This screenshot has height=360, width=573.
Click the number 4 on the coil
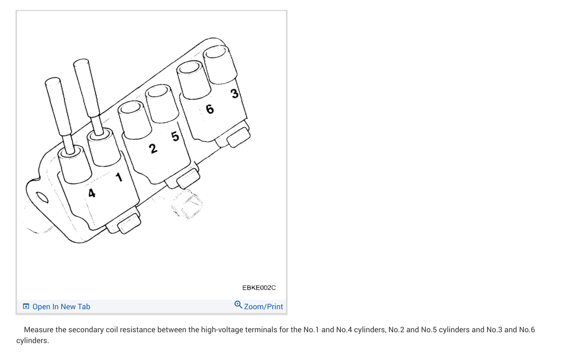coord(92,193)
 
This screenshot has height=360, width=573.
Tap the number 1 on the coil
coord(119,177)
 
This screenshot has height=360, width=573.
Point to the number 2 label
coord(153,148)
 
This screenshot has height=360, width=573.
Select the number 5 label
coord(175,136)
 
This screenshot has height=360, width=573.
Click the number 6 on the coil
coord(210,109)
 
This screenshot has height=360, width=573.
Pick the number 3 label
coord(234,94)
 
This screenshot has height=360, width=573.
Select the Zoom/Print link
coord(263,307)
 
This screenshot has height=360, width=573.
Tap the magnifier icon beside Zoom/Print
coord(238,305)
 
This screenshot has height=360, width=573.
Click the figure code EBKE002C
coord(259,288)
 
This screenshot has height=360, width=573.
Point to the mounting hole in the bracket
coord(42,197)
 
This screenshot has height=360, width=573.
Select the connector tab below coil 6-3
coord(239,137)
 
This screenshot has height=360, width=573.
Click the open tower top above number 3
coord(215,52)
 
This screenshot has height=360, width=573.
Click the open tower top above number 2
coord(130,108)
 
